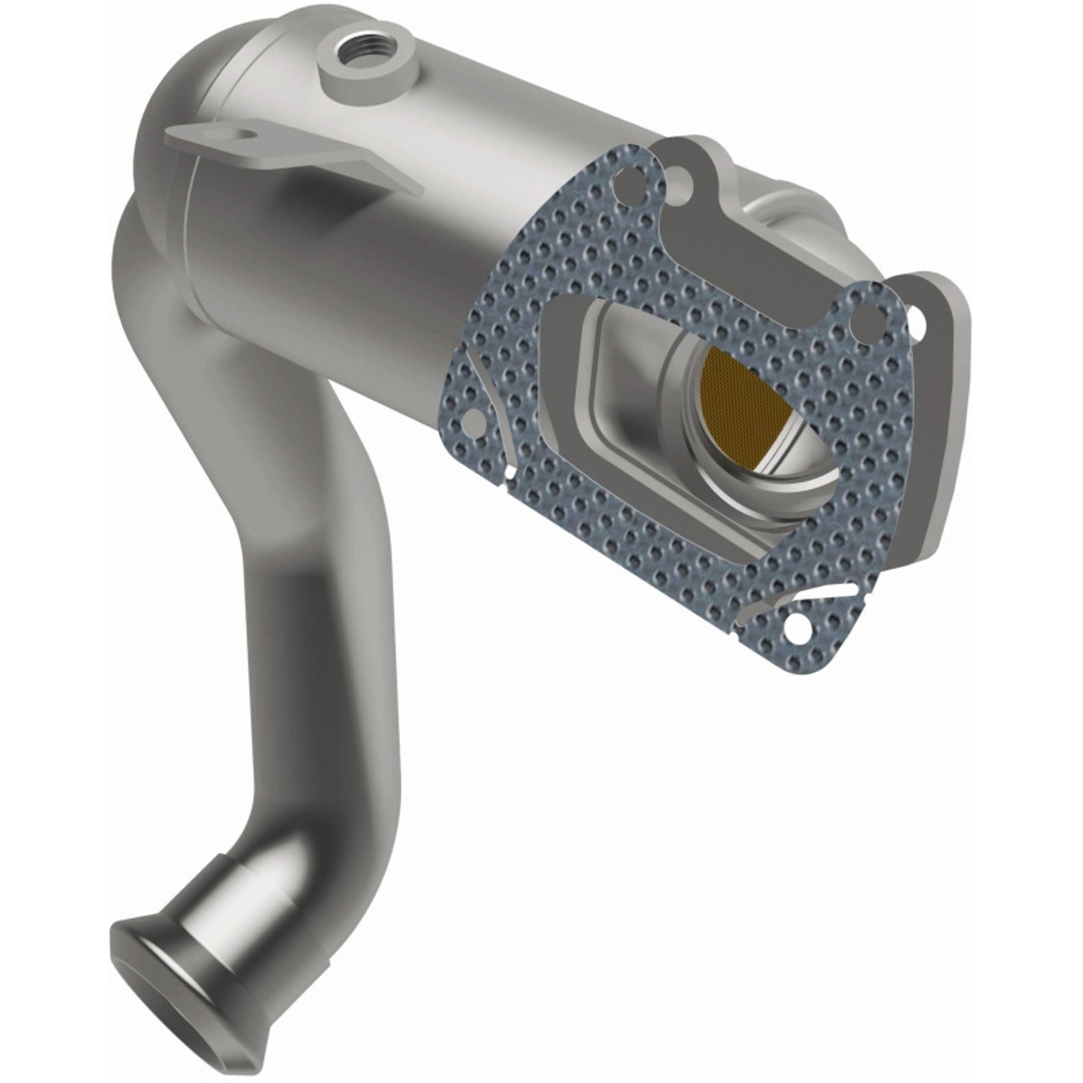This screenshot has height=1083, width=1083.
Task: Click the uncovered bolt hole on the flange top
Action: coord(677,177)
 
